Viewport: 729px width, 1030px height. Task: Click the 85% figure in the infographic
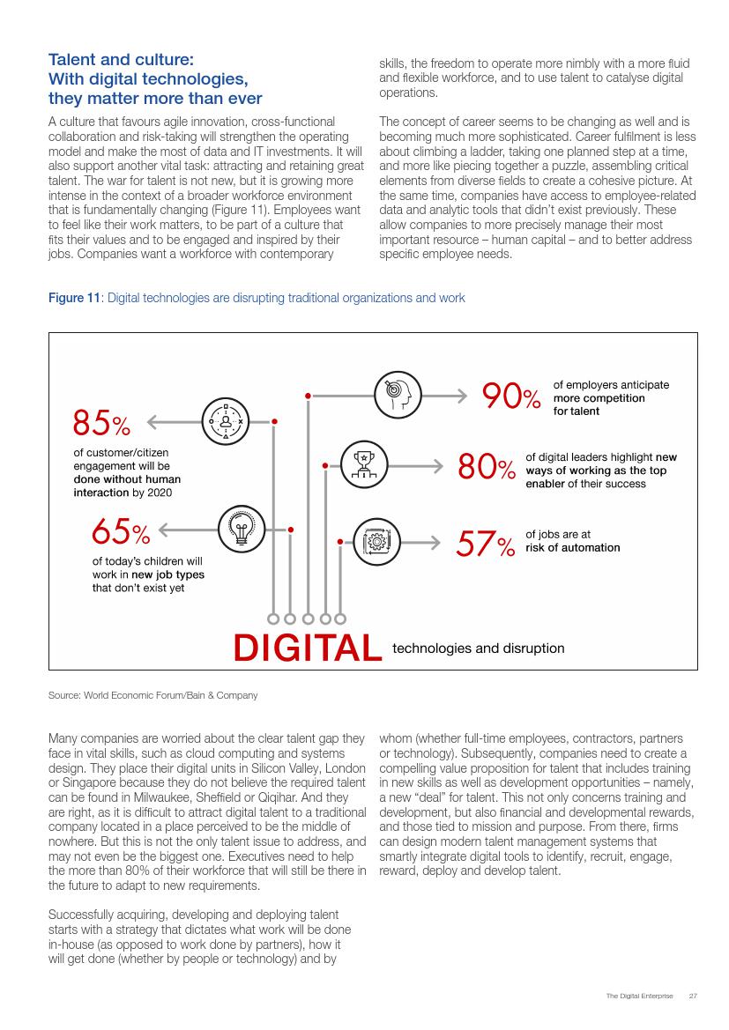click(x=101, y=423)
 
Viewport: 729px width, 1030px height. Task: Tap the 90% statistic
click(x=510, y=396)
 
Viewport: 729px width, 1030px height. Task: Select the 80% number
click(x=486, y=468)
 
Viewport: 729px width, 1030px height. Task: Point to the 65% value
click(x=121, y=531)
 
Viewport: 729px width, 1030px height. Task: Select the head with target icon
click(x=399, y=395)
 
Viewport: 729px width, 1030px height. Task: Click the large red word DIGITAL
click(x=308, y=648)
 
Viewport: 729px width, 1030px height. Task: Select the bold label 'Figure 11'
click(x=75, y=299)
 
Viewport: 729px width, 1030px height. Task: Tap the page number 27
click(x=693, y=996)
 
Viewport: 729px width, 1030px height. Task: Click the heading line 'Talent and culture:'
click(x=120, y=60)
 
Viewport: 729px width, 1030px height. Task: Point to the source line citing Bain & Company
click(x=153, y=695)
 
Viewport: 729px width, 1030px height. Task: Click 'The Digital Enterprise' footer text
click(x=639, y=996)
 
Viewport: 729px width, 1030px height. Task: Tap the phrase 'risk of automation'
click(x=572, y=547)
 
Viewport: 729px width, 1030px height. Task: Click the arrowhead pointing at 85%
click(x=151, y=422)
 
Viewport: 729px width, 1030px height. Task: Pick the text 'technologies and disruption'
click(x=478, y=648)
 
